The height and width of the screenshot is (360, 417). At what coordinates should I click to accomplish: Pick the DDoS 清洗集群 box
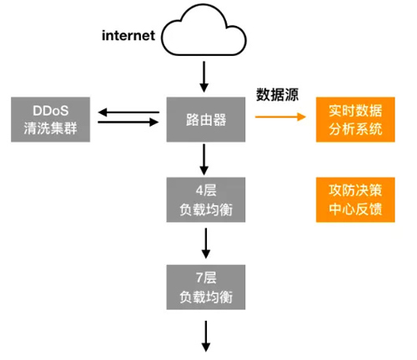[x=50, y=119]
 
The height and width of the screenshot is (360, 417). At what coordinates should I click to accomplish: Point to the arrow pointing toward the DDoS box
[x=128, y=111]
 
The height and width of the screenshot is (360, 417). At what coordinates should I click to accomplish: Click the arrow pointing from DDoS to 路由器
[x=128, y=123]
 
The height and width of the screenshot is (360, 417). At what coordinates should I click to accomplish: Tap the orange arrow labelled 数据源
[x=279, y=117]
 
